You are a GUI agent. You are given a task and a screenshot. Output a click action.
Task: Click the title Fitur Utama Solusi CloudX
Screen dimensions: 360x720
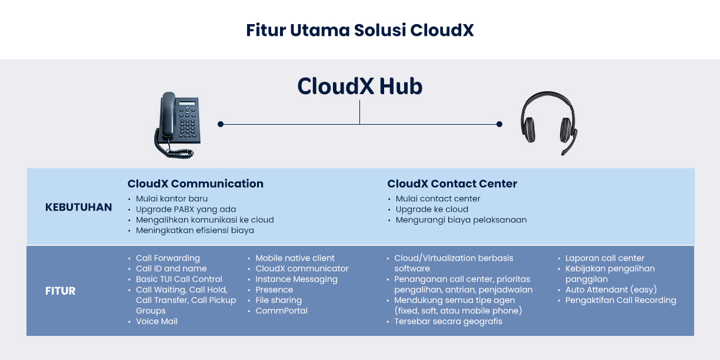pyautogui.click(x=359, y=30)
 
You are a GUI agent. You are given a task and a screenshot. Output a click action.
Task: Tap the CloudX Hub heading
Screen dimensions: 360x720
pyautogui.click(x=359, y=86)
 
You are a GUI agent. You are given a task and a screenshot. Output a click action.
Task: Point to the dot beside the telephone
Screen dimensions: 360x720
pyautogui.click(x=221, y=124)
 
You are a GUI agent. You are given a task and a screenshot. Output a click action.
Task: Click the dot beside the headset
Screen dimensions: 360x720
pyautogui.click(x=499, y=124)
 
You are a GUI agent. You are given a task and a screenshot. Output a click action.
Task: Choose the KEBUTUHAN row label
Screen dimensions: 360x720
pyautogui.click(x=78, y=207)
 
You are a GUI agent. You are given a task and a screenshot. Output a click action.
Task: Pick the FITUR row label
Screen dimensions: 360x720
pyautogui.click(x=60, y=291)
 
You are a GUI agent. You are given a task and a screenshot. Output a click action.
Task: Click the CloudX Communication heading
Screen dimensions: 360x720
pyautogui.click(x=195, y=184)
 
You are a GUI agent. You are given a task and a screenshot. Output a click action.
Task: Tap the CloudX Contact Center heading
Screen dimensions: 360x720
pyautogui.click(x=452, y=184)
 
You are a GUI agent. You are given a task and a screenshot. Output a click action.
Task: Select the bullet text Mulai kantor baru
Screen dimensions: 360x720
pyautogui.click(x=172, y=199)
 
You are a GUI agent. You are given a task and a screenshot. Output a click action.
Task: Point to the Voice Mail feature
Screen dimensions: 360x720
pyautogui.click(x=156, y=321)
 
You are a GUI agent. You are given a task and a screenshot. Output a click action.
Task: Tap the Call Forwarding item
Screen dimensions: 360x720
pyautogui.click(x=168, y=258)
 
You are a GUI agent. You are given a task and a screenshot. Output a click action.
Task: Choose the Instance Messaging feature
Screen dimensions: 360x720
pyautogui.click(x=296, y=279)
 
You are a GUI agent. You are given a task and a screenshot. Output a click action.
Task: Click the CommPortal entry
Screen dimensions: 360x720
pyautogui.click(x=281, y=311)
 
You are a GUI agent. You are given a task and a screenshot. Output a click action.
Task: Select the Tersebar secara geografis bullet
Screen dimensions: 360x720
pyautogui.click(x=448, y=321)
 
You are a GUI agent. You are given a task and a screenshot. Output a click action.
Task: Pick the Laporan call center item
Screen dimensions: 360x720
pyautogui.click(x=605, y=258)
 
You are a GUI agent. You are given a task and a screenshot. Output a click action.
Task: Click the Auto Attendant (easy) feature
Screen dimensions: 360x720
pyautogui.click(x=611, y=289)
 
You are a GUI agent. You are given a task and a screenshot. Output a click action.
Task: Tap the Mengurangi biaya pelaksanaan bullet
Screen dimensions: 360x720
pyautogui.click(x=461, y=220)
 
